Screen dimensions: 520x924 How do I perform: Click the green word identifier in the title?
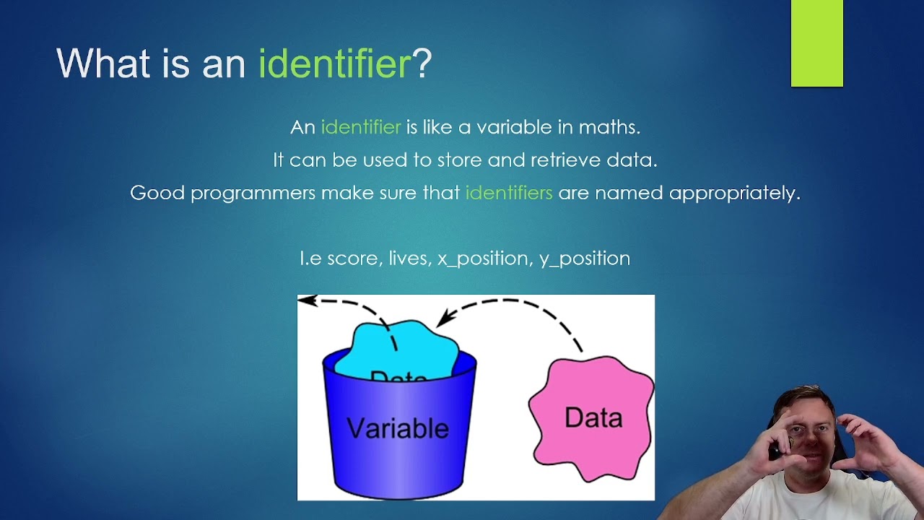coord(334,64)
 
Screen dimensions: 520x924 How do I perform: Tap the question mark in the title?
coord(422,64)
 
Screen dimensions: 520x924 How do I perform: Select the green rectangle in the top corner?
coord(816,43)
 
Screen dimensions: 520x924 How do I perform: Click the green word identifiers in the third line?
coord(509,193)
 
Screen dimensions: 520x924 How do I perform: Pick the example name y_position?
coord(585,259)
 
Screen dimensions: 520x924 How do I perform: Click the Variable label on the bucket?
coord(398,428)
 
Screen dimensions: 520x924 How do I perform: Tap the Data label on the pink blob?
coord(593,418)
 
